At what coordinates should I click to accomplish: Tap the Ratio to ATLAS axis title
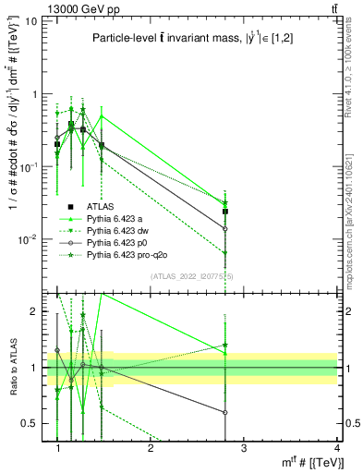(x=12, y=368)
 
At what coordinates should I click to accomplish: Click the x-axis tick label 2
(x=151, y=448)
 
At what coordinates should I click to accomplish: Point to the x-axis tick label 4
(x=336, y=448)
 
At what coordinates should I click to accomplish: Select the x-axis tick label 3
(x=244, y=448)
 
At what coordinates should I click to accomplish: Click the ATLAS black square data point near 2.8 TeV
(x=225, y=212)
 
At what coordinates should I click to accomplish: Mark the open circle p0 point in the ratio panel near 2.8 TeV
(x=225, y=412)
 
